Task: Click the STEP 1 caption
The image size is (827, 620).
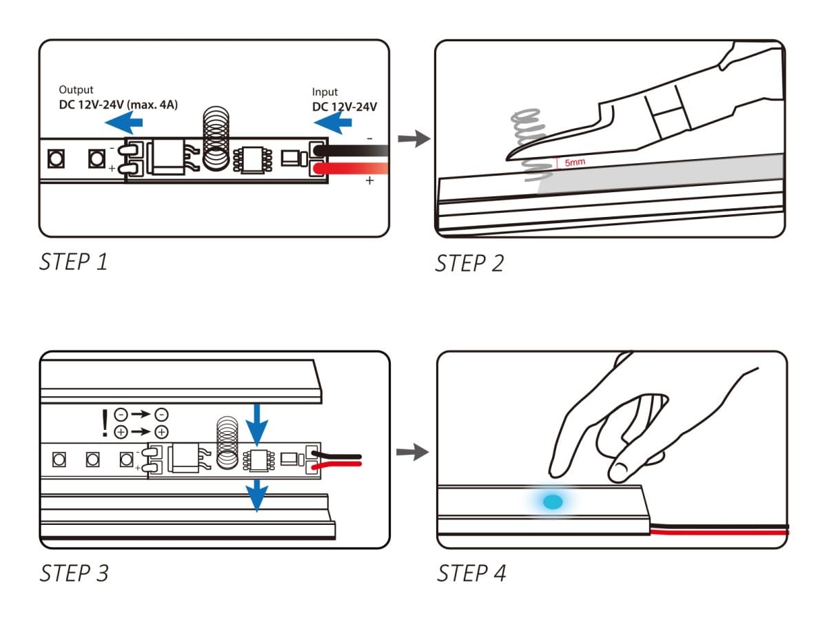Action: pos(74,262)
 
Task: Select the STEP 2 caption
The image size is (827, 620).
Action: pos(469,263)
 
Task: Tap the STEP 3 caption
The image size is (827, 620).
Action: pos(74,573)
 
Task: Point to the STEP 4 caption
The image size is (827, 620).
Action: pos(471,573)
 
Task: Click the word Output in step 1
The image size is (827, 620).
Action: pos(76,90)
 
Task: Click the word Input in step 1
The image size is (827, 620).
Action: pos(325,92)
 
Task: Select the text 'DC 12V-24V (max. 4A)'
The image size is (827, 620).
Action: pos(119,105)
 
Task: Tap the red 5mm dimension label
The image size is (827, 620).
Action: pos(575,163)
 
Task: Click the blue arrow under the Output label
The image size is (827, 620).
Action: pos(123,122)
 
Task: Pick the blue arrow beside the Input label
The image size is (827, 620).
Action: pos(333,123)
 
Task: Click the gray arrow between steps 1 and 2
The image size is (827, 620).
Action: pos(414,139)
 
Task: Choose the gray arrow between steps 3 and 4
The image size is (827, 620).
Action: pos(413,452)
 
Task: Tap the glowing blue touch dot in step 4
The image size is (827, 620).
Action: pos(553,502)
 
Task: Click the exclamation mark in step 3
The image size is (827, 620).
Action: pos(105,424)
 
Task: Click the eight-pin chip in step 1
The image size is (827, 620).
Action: pos(253,160)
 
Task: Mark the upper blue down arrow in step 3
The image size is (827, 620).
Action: pos(257,425)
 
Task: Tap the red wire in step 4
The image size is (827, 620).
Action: pos(719,533)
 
